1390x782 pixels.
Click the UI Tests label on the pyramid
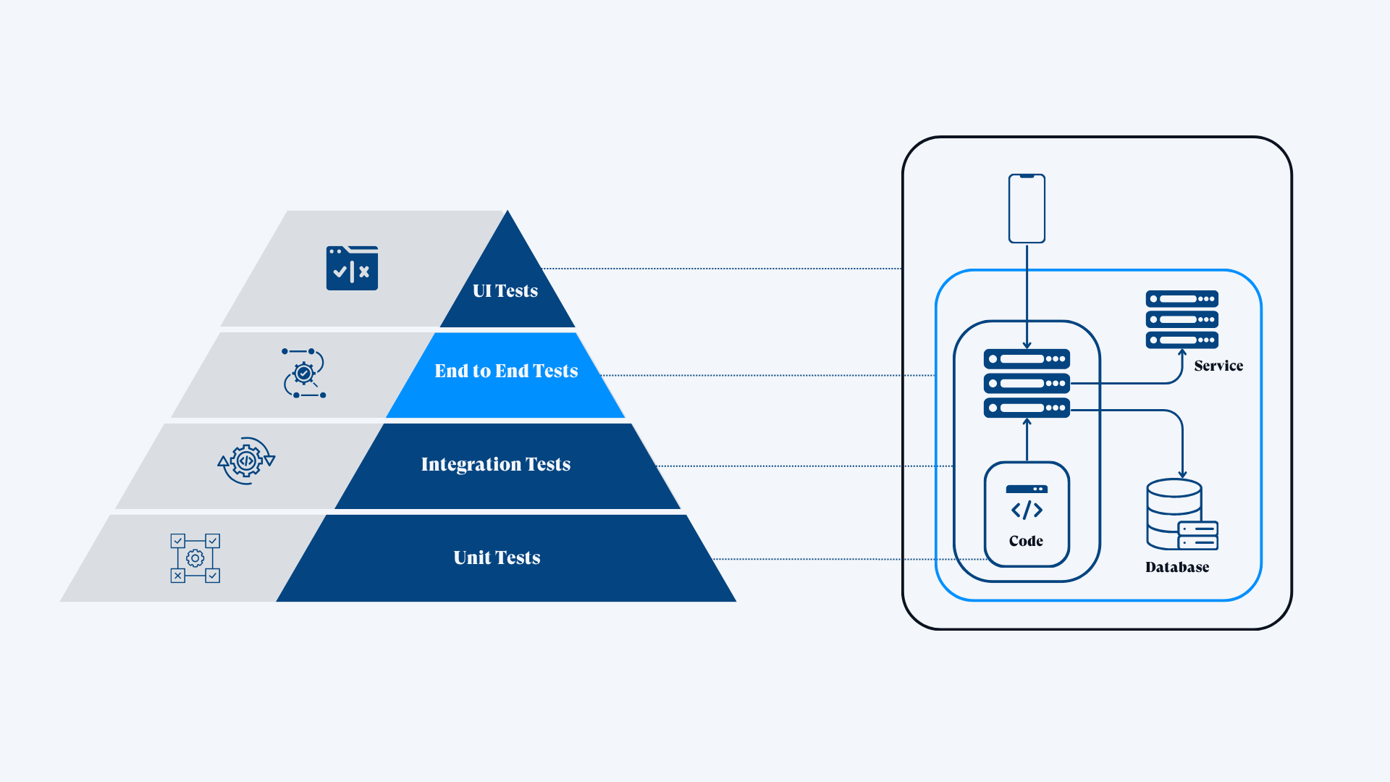point(505,291)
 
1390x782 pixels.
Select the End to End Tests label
point(506,371)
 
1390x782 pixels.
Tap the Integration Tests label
point(496,464)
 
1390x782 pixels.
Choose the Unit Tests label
point(497,558)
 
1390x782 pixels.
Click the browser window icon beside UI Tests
point(352,268)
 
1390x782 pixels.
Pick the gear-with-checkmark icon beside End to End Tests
point(304,374)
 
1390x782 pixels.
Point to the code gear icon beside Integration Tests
point(246,461)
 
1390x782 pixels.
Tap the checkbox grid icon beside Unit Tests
point(195,558)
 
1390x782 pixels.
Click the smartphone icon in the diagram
point(1027,209)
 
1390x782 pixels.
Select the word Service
point(1218,366)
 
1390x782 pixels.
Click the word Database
point(1177,568)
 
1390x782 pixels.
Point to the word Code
point(1026,542)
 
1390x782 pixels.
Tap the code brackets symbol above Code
point(1027,510)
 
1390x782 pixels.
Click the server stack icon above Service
point(1181,319)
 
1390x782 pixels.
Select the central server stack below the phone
point(1027,384)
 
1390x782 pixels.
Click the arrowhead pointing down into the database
point(1182,474)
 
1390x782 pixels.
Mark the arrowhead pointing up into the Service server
point(1181,353)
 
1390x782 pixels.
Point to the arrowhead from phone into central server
point(1027,345)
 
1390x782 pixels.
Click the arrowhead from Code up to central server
point(1027,422)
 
